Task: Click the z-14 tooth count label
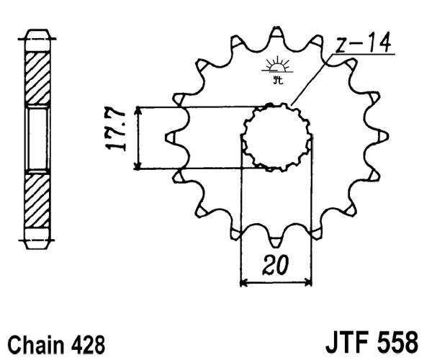click(362, 44)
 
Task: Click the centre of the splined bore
click(276, 138)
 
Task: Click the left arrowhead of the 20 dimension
click(243, 280)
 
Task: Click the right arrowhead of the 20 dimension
click(308, 280)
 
